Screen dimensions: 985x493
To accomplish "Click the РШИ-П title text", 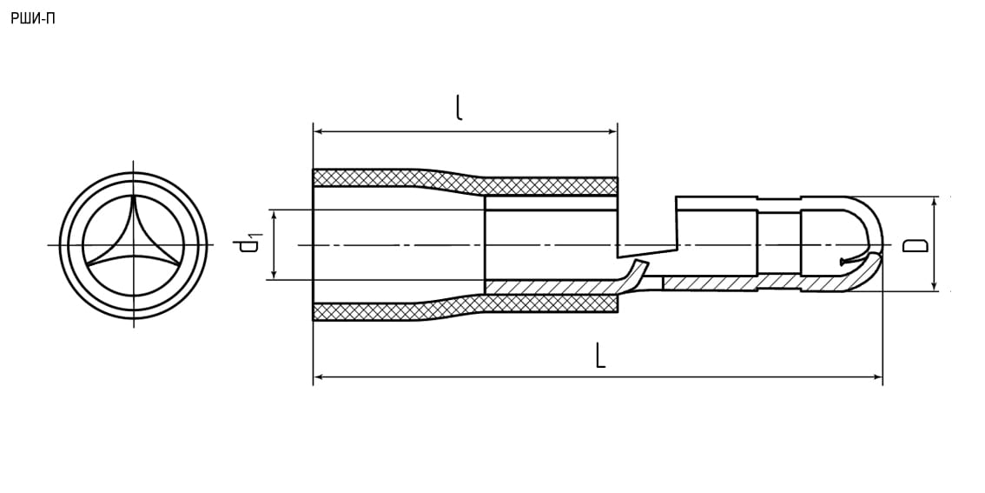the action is point(33,19).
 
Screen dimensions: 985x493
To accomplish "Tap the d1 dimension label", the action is point(251,244).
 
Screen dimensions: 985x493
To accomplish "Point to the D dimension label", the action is point(916,244).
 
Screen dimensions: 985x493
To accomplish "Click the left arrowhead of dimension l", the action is point(319,131).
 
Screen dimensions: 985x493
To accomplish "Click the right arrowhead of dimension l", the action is point(611,131).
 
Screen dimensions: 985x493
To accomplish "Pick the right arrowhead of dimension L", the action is point(877,376).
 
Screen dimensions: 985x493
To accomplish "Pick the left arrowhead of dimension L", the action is point(319,376).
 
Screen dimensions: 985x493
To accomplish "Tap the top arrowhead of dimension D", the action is point(934,202).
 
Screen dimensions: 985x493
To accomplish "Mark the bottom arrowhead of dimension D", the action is point(934,285).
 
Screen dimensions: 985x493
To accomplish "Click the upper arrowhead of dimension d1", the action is point(274,215).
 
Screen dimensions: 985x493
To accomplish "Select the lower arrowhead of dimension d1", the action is point(274,274).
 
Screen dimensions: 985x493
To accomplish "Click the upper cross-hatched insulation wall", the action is point(465,182).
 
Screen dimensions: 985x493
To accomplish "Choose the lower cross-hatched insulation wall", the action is point(465,307).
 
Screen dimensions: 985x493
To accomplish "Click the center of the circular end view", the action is point(133,244).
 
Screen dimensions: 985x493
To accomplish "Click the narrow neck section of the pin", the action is point(780,244).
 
